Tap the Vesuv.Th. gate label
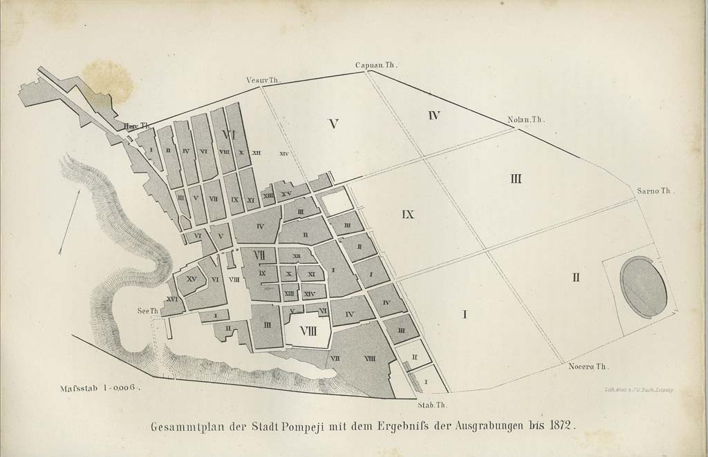pos(263,80)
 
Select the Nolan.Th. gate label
pos(526,119)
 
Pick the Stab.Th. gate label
pos(434,405)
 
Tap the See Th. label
pos(149,311)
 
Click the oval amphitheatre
pos(644,286)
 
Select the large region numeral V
pos(333,124)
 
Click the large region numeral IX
pos(407,215)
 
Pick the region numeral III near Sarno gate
pos(516,179)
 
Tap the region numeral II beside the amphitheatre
pos(575,278)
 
